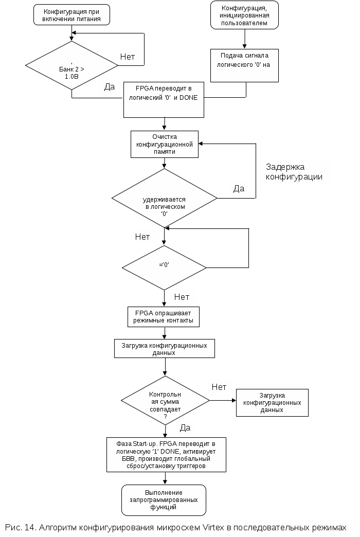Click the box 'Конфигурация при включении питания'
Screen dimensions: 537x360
[71, 15]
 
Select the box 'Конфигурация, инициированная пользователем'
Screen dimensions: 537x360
[244, 15]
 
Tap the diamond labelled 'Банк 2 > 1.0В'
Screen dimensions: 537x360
[71, 65]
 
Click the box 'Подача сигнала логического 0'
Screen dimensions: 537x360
[245, 65]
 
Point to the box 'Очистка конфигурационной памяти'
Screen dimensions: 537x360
[164, 145]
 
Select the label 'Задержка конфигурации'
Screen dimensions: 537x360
[295, 172]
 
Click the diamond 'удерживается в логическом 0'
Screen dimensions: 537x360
[165, 198]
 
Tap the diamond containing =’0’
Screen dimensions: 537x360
[164, 267]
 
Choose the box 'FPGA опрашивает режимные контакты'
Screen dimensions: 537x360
[164, 317]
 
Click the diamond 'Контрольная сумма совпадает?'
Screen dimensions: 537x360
[165, 401]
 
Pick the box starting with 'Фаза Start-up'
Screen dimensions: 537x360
[166, 454]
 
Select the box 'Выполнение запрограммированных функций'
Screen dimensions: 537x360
[164, 499]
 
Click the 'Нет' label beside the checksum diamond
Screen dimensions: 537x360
[219, 387]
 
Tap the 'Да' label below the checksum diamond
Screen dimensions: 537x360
[185, 427]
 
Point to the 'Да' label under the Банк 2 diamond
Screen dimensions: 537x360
[110, 87]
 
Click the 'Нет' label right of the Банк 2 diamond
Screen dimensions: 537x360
[128, 57]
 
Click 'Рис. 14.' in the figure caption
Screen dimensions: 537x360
[20, 528]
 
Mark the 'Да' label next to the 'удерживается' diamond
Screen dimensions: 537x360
[239, 188]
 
